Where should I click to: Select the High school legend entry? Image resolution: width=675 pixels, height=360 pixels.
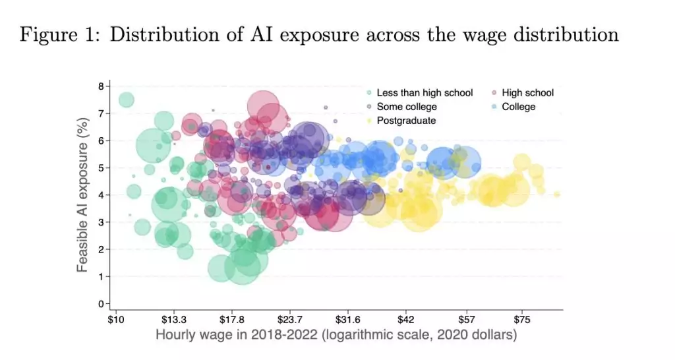[x=527, y=93]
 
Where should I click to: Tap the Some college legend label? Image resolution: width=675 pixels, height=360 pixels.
[x=406, y=107]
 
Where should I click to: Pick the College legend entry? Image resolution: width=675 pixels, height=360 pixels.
[x=518, y=107]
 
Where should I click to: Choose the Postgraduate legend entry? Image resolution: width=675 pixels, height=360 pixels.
[x=405, y=121]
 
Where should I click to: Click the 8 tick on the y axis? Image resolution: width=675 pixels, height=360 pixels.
[x=101, y=86]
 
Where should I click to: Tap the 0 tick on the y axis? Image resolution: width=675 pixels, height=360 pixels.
[x=101, y=304]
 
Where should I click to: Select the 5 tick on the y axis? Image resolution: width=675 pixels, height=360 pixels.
[x=101, y=168]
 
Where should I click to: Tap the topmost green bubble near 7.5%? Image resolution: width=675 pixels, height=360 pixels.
[x=126, y=100]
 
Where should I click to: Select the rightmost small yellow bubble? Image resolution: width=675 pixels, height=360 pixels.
[x=557, y=195]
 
